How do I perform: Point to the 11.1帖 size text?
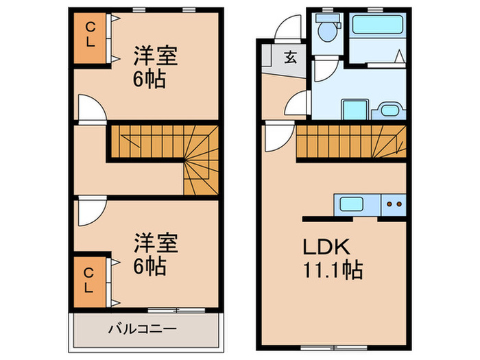(330, 269)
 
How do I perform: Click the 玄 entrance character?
(290, 57)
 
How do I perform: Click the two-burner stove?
(394, 203)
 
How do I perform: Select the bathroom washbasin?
(392, 110)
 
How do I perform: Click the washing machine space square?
(355, 110)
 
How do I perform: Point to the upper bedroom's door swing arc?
(90, 108)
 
